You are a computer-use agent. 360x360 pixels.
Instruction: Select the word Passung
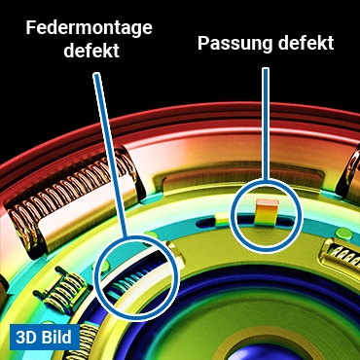[234, 43]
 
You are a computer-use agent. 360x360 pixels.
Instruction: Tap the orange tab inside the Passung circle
[267, 207]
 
